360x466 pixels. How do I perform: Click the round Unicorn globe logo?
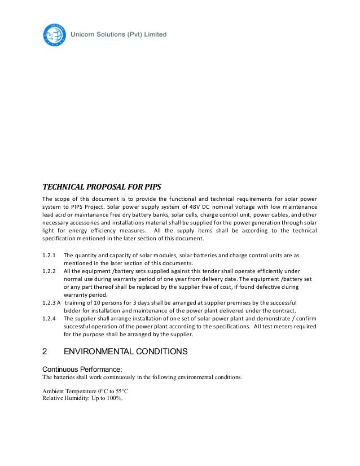pos(55,35)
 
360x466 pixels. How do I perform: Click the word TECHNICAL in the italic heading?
pos(63,187)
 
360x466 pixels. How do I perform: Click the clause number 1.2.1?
pos(50,255)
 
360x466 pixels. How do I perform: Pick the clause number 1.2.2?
pos(50,271)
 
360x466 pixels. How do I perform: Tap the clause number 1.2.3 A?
pos(52,302)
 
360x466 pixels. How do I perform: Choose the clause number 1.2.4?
pos(50,318)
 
